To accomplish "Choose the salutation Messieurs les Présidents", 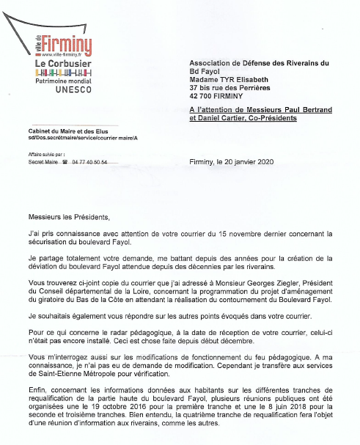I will [x=68, y=218].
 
